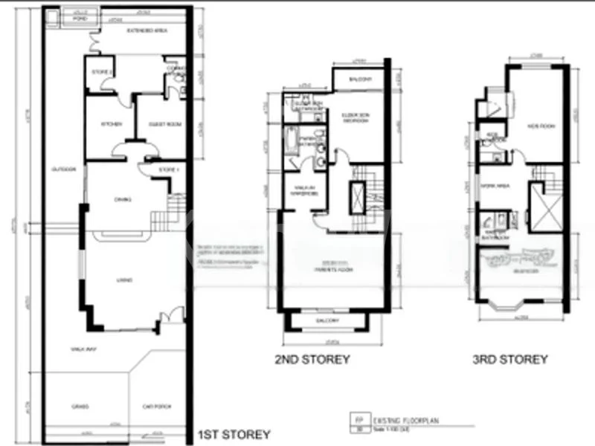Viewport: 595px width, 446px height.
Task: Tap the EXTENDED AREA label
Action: [141, 30]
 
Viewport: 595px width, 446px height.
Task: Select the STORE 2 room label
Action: [101, 72]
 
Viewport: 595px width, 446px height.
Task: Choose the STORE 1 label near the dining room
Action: [169, 170]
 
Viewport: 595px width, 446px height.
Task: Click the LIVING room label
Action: [125, 280]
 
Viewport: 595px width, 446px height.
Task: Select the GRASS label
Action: [80, 406]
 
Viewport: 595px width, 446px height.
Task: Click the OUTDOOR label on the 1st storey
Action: [62, 170]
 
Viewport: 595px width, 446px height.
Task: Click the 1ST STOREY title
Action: [233, 434]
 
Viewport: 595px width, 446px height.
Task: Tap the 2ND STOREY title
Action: [312, 359]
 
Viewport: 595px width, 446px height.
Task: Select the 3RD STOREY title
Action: [510, 359]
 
